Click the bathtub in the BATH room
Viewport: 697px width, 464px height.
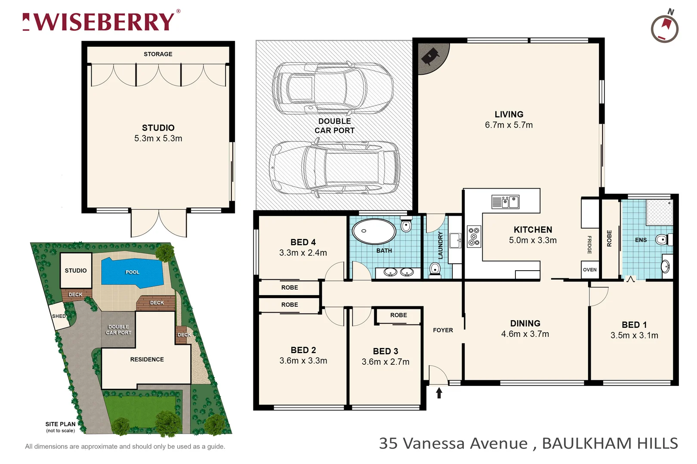click(x=373, y=231)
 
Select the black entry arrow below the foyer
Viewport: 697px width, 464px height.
click(x=439, y=393)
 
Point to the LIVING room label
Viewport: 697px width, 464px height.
click(x=509, y=114)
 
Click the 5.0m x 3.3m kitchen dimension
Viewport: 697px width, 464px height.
click(x=532, y=241)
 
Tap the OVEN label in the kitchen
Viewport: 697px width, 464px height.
click(x=589, y=270)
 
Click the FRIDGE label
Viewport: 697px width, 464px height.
click(x=589, y=245)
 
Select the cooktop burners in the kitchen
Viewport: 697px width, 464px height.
click(x=474, y=237)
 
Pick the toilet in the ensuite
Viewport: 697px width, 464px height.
click(x=662, y=240)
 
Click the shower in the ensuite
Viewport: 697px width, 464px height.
click(x=659, y=212)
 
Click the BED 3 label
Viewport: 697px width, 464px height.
click(x=385, y=351)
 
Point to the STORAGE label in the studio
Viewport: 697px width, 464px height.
click(x=158, y=54)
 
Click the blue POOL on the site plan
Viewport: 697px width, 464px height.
click(x=132, y=272)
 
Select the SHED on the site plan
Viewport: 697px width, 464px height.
click(x=59, y=316)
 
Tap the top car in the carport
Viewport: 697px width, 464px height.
click(x=332, y=88)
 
